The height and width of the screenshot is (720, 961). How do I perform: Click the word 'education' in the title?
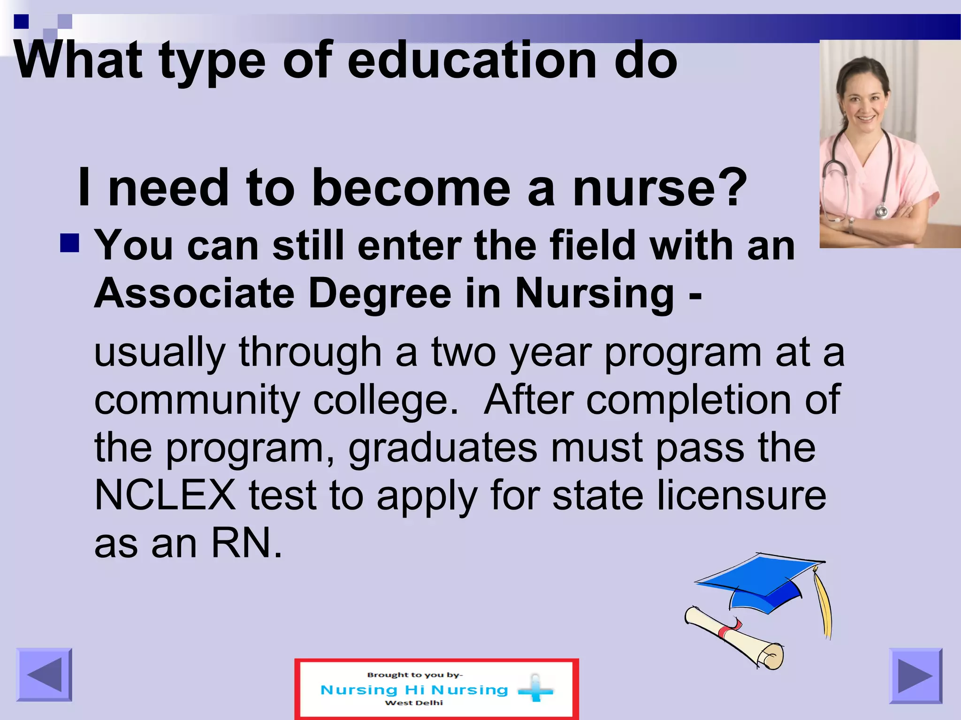pyautogui.click(x=472, y=61)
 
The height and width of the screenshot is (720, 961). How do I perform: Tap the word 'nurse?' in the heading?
pyautogui.click(x=659, y=187)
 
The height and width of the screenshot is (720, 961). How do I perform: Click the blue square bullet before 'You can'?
pyautogui.click(x=69, y=243)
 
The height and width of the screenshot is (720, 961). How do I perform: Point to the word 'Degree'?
pyautogui.click(x=380, y=293)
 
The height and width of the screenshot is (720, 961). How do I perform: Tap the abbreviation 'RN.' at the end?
pyautogui.click(x=247, y=544)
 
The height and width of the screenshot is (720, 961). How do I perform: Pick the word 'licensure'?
pyautogui.click(x=741, y=495)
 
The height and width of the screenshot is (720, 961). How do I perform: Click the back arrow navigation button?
pyautogui.click(x=44, y=675)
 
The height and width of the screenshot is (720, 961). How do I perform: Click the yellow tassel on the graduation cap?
pyautogui.click(x=824, y=605)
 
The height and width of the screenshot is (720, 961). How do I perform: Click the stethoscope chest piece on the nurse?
pyautogui.click(x=882, y=212)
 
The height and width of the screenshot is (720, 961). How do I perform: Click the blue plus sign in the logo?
pyautogui.click(x=535, y=689)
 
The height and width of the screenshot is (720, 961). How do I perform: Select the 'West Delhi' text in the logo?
pyautogui.click(x=414, y=703)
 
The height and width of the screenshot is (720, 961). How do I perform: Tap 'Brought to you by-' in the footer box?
pyautogui.click(x=415, y=675)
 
